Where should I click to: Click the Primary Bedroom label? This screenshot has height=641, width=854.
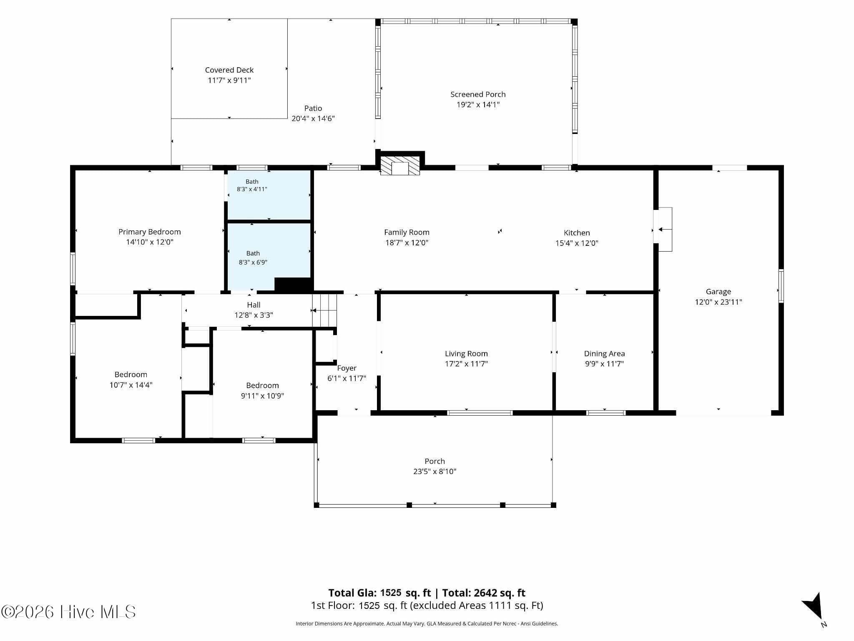tap(150, 232)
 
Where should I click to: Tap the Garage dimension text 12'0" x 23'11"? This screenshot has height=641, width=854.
tap(718, 302)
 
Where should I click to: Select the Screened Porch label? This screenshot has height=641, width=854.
tap(478, 94)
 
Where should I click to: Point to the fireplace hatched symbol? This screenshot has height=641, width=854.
tap(400, 166)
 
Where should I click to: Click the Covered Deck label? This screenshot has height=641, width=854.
tap(229, 70)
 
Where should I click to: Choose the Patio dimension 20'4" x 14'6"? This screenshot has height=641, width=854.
tap(313, 119)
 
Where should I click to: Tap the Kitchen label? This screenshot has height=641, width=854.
tap(577, 233)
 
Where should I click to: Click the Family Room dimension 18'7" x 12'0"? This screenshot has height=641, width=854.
tap(407, 243)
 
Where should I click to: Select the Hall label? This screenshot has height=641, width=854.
tap(254, 305)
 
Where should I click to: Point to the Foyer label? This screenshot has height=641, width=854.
tap(347, 368)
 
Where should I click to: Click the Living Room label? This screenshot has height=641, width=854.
tap(466, 354)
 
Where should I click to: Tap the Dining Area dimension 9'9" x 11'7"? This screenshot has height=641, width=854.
tap(604, 364)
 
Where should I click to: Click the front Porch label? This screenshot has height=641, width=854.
tap(435, 461)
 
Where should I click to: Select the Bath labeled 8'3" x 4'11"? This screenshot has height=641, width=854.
tap(252, 185)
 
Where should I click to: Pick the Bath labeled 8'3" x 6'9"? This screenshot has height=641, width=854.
tap(253, 258)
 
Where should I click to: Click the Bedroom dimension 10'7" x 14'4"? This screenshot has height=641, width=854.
tap(131, 385)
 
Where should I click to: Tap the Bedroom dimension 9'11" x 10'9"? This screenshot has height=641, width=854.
tap(262, 396)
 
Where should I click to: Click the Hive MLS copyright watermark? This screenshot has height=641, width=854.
tap(68, 612)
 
